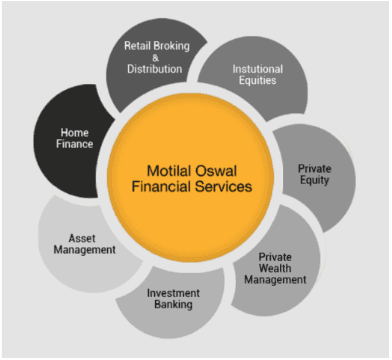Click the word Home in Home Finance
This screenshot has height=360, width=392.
(x=75, y=131)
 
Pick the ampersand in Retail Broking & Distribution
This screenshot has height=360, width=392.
(x=154, y=57)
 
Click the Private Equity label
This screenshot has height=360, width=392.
(x=314, y=175)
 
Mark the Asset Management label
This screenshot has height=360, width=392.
(x=82, y=245)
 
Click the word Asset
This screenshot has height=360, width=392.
(x=82, y=238)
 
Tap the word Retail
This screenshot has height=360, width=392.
(x=137, y=45)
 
